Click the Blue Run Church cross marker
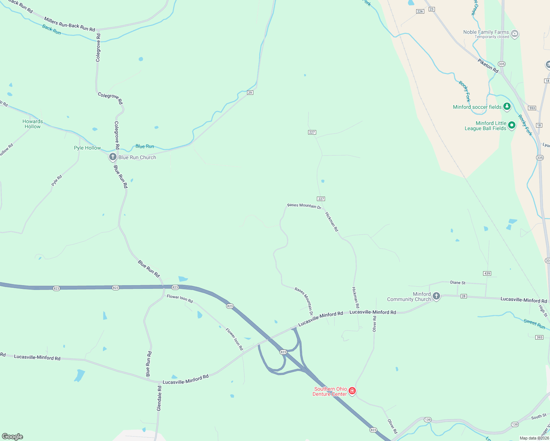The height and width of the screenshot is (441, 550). tap(113, 157)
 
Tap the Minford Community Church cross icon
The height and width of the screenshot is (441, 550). tap(436, 296)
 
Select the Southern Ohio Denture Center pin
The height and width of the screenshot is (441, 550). tap(352, 391)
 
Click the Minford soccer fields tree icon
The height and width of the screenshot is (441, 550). tap(507, 107)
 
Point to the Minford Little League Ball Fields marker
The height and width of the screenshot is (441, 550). tap(512, 125)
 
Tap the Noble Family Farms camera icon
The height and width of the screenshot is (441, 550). tap(515, 34)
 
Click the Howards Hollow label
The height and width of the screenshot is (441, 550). tap(33, 124)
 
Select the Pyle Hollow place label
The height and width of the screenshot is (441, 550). tap(87, 148)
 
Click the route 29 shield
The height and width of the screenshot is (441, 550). tap(250, 93)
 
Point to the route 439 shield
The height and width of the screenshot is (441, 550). tap(487, 273)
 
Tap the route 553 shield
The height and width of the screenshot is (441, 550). tap(532, 108)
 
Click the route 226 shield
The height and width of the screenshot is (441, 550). tap(420, 11)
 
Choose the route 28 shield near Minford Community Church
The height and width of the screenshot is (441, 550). tap(464, 296)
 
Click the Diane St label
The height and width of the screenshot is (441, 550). tap(458, 283)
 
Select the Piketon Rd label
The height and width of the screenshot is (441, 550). tap(488, 65)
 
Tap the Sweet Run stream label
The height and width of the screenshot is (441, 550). tap(534, 323)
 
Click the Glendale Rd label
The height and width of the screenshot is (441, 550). tap(159, 398)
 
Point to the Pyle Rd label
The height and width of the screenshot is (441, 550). tap(57, 180)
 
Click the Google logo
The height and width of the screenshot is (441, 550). tap(12, 437)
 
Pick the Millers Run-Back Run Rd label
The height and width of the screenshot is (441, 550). tap(69, 24)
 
